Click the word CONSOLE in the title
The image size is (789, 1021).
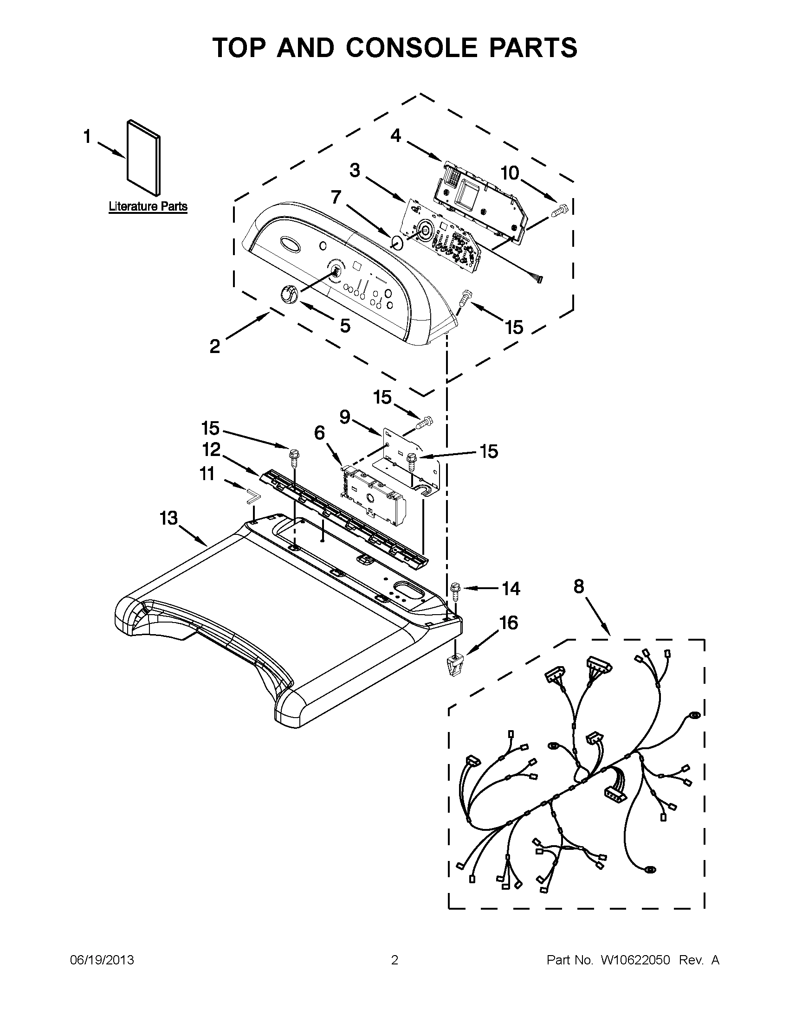tap(407, 48)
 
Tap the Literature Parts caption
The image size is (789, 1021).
tap(148, 206)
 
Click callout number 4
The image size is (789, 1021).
tap(396, 136)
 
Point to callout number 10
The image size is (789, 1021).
tap(510, 173)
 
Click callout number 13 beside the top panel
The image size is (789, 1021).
tap(168, 518)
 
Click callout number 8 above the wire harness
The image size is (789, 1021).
tap(579, 586)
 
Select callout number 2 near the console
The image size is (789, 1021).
tap(215, 347)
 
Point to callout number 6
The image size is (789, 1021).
tap(319, 433)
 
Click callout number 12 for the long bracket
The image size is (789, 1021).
tap(211, 449)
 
